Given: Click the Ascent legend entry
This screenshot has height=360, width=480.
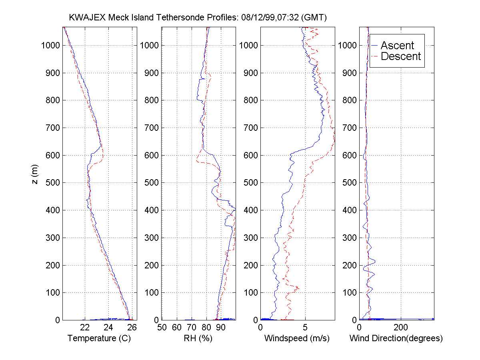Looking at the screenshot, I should pos(397,45).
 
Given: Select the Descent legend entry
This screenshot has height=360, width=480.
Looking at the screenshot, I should pos(401,56).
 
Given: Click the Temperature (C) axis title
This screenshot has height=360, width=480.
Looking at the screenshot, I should pos(99,338).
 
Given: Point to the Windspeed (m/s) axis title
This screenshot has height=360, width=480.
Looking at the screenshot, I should pos(297,338).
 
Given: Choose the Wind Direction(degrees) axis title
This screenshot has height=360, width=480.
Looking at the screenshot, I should pos(396,338).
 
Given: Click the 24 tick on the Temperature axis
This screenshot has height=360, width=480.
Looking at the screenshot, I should pos(108,328).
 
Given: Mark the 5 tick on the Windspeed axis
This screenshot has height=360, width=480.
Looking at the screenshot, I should pos(305,328).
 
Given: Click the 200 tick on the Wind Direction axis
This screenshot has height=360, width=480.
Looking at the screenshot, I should pos(401,328).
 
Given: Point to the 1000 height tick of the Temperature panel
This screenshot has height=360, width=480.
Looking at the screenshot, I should pos(50,45).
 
